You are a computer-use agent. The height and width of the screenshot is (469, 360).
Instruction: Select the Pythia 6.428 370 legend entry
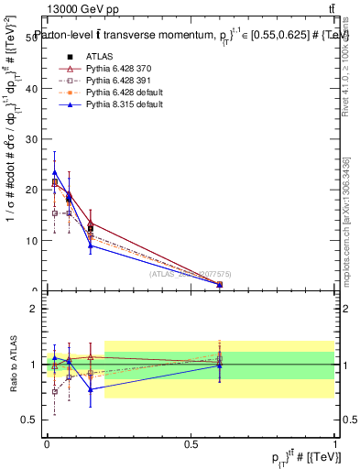pos(116,69)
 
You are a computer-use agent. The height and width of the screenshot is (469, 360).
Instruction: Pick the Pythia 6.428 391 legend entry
pos(116,81)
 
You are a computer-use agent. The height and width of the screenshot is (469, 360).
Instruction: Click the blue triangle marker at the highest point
pos(55,171)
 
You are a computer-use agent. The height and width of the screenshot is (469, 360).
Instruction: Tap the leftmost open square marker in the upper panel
pos(55,213)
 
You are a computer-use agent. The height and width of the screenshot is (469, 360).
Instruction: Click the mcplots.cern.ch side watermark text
pos(345,220)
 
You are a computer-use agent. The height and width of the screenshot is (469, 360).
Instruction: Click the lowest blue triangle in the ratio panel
pos(90,389)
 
